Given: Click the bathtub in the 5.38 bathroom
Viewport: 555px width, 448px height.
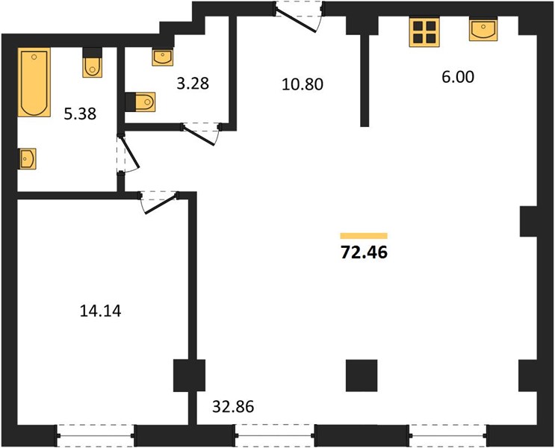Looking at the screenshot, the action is point(34,82).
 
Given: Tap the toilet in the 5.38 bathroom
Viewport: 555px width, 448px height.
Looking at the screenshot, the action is point(93,62).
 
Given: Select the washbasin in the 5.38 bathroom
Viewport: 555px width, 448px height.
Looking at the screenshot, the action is point(27,159).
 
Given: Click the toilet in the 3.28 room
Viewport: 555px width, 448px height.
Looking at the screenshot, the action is point(140,102).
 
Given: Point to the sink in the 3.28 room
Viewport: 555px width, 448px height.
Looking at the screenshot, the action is point(163,57).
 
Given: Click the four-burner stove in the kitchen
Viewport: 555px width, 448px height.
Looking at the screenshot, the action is point(424,32).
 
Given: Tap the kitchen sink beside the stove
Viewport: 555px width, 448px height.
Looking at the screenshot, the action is point(483,30).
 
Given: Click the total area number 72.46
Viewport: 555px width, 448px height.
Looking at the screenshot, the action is point(364,252).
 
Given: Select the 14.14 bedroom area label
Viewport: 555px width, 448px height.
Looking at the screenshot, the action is point(101,311).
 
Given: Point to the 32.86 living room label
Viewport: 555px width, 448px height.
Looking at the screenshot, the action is point(233,407).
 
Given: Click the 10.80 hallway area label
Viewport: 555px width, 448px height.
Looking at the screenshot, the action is point(303,84).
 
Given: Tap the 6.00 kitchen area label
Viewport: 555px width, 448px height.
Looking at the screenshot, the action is point(458,77).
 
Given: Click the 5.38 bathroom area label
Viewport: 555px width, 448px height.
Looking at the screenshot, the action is point(80,114).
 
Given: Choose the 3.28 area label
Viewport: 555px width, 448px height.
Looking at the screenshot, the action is point(193,84).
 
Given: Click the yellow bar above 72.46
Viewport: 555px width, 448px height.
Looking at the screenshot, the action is point(364,236).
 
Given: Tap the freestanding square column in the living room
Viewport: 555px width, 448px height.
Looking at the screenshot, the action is point(362,376).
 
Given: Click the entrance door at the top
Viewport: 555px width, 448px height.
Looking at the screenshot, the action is point(299,16).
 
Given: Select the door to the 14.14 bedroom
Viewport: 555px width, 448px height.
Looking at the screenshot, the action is point(159,202).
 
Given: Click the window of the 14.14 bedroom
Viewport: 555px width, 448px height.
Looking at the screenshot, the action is point(95,435).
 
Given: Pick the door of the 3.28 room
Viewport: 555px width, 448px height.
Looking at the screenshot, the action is point(201,134).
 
